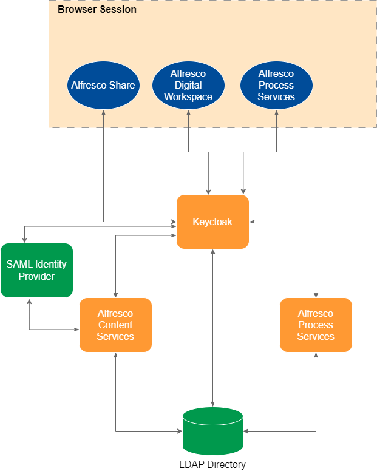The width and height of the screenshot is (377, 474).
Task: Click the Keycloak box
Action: click(x=212, y=222)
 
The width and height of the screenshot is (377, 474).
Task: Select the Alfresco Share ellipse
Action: click(x=103, y=85)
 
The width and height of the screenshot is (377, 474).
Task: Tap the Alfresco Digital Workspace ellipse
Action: click(x=188, y=85)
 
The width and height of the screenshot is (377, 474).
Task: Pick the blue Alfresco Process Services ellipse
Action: click(x=276, y=85)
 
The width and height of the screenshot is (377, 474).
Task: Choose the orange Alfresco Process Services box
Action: click(x=316, y=325)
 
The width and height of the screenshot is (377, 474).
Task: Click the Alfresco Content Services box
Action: click(x=115, y=325)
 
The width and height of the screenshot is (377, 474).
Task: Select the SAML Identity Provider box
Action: click(x=36, y=270)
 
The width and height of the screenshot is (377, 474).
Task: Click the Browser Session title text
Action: click(x=97, y=10)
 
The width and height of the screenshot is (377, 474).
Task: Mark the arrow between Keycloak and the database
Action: click(x=212, y=328)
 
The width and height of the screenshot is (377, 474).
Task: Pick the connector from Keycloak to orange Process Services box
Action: click(x=316, y=255)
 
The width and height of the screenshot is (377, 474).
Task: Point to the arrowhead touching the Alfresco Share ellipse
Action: click(x=104, y=112)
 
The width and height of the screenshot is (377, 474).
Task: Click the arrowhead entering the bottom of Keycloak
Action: click(x=212, y=252)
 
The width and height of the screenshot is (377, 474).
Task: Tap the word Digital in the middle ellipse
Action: click(x=188, y=86)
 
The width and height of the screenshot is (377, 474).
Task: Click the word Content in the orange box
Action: click(x=115, y=325)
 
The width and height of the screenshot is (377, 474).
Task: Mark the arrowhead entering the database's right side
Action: click(x=246, y=432)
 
